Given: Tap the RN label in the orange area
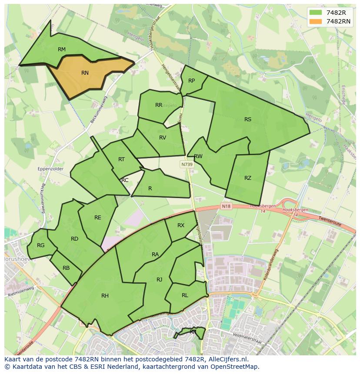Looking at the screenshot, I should click(x=85, y=73).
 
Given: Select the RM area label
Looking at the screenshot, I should click(x=62, y=50).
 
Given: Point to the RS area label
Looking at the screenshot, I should click(x=248, y=119).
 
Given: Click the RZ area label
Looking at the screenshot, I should click(x=248, y=178).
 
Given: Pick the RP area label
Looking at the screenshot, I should click(x=191, y=81).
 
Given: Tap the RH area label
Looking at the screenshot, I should click(x=105, y=296).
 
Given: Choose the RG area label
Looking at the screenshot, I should click(x=40, y=245).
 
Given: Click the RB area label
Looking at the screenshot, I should click(x=66, y=268).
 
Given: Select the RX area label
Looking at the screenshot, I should click(x=181, y=225).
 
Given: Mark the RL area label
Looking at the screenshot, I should click(x=185, y=295).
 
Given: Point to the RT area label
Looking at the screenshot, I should click(x=121, y=159).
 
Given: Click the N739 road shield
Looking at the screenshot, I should click(x=187, y=165).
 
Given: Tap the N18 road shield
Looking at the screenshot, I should click(x=226, y=206).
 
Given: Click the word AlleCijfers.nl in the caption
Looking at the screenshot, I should click(x=226, y=359).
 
